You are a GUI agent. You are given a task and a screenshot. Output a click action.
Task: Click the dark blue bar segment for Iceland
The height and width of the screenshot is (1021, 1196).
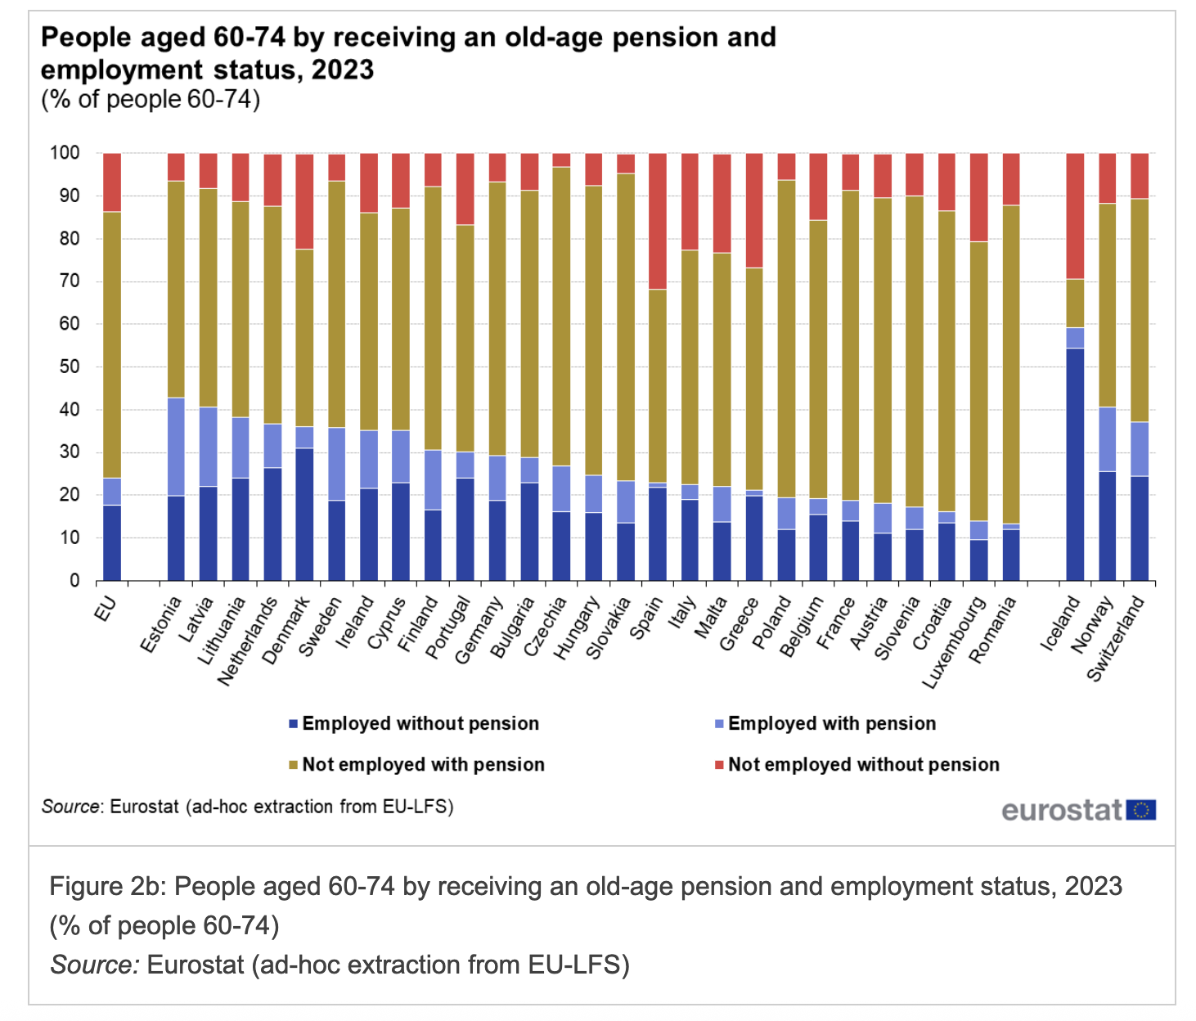point(1075,464)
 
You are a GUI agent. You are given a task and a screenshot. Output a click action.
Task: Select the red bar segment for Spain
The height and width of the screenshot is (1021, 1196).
point(658,221)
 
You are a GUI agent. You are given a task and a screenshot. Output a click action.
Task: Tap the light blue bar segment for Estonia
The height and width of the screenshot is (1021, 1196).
point(176,447)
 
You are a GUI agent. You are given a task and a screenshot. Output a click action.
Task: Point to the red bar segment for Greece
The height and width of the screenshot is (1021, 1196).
point(754,210)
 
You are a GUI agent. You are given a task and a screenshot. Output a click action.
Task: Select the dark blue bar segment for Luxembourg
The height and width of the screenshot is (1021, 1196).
point(978,560)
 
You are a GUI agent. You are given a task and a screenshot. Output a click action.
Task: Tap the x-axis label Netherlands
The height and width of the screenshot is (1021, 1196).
point(249,641)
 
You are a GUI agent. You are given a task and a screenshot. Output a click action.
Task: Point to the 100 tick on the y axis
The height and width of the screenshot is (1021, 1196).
point(65,153)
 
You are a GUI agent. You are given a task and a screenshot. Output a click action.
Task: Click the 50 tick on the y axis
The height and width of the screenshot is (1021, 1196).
point(70,367)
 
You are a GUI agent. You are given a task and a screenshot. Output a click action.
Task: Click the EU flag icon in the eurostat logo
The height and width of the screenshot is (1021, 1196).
point(1140,810)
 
